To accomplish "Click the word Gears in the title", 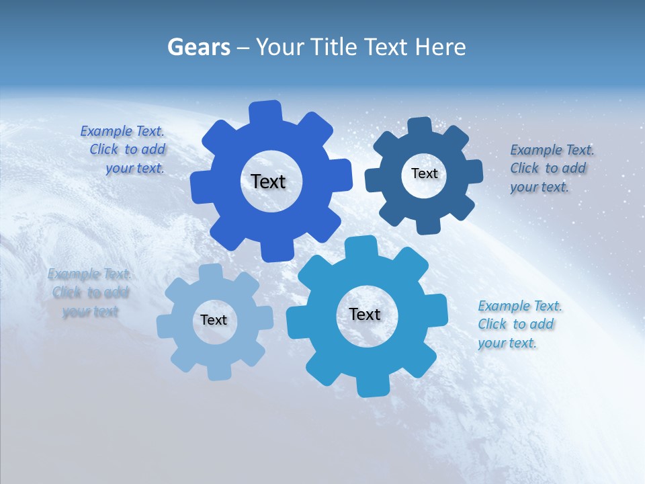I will pos(199,47).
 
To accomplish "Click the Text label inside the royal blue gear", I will pos(268,182).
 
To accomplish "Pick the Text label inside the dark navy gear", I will pos(424,173).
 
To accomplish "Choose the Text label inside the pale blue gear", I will pos(214,320).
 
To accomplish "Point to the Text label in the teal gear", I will pos(365,314).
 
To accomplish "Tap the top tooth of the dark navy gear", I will pos(419,126).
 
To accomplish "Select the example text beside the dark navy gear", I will pos(551,168).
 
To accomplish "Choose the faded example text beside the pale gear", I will pos(89,292).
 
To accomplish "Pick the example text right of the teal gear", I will pos(519,324).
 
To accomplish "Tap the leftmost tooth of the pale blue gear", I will pos(165,326).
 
